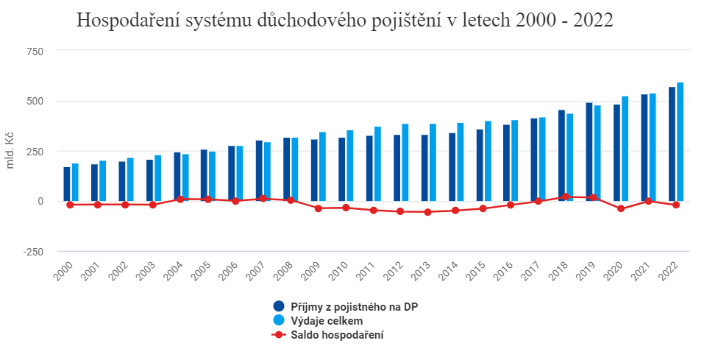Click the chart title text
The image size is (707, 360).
point(344,21)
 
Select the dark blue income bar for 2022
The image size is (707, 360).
point(672,144)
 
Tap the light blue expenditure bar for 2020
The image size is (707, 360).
point(625,148)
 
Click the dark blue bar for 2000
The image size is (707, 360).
point(67,183)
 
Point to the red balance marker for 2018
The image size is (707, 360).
point(566,197)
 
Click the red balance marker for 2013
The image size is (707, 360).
point(428,212)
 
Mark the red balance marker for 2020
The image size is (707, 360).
point(621,209)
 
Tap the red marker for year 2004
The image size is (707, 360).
point(180,199)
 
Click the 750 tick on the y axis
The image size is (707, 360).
point(34,51)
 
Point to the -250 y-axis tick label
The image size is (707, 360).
point(32,251)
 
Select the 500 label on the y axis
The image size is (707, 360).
point(34,101)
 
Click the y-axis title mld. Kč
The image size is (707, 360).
point(10,151)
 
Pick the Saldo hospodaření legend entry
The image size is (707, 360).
point(335,335)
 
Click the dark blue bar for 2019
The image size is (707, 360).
point(589,152)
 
